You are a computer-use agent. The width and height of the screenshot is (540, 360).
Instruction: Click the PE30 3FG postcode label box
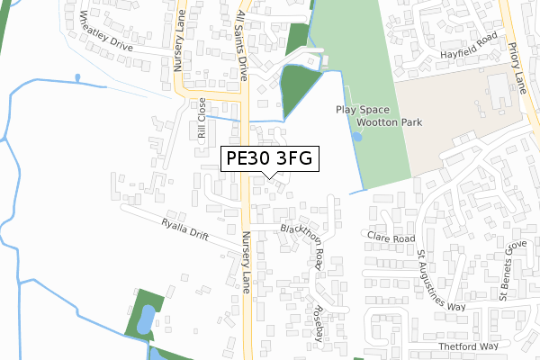pyautogui.click(x=268, y=159)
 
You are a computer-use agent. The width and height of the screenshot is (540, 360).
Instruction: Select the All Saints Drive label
pyautogui.click(x=241, y=36)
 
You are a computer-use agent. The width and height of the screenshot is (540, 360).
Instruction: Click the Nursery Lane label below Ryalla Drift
pyautogui.click(x=246, y=263)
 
